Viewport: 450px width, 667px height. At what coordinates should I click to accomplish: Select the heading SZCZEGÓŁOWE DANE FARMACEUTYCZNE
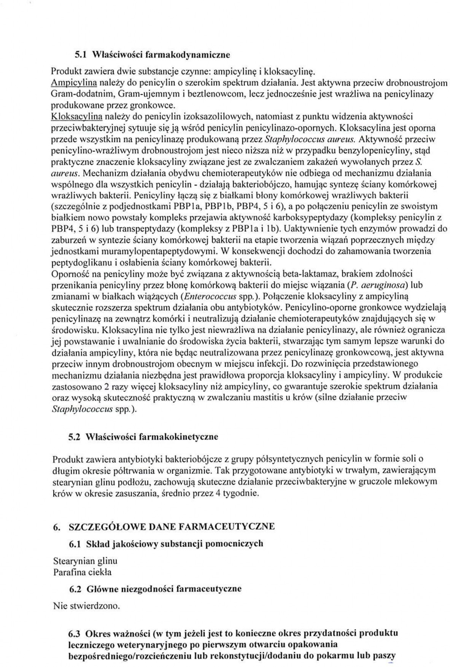click(171, 527)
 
